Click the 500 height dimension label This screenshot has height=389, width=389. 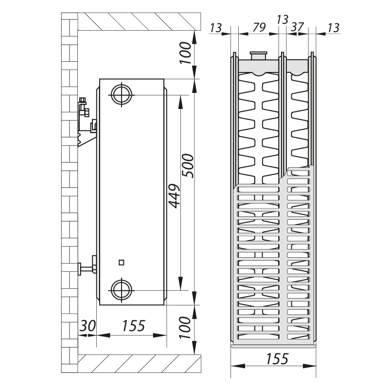tap(187, 166)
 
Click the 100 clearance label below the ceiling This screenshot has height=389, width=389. tap(185, 54)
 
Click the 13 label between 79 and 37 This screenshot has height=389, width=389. tap(282, 19)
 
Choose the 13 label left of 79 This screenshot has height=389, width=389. tap(216, 27)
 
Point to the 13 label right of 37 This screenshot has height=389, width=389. tap(333, 27)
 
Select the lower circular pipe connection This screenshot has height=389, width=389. tap(121, 290)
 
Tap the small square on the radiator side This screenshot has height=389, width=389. tap(121, 263)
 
